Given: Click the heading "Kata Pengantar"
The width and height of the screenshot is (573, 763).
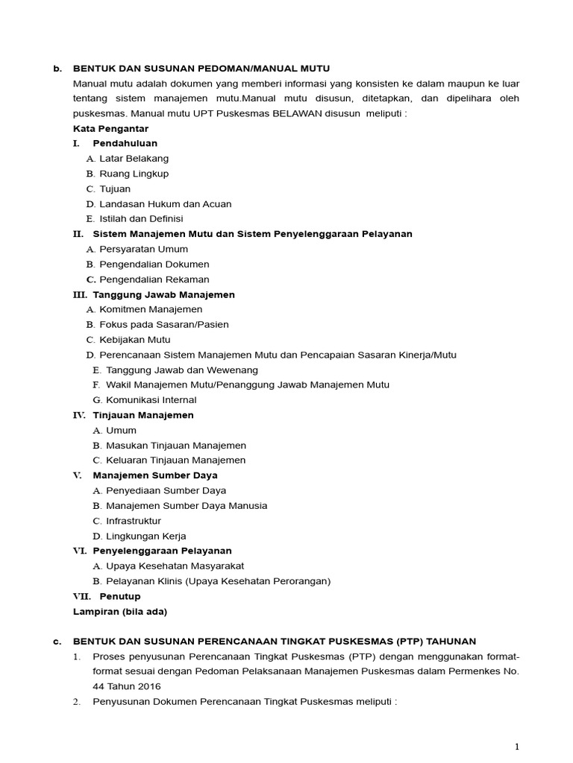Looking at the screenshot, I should [110, 128].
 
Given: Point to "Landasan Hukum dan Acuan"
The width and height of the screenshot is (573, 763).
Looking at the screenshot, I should [165, 203].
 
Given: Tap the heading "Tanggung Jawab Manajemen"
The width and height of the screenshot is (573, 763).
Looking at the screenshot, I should [163, 294].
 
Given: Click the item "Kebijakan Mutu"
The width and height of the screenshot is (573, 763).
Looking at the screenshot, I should [134, 340].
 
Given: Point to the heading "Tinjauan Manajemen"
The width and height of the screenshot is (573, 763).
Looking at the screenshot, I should [143, 415].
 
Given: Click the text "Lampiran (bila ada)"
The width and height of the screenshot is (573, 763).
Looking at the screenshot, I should [120, 612].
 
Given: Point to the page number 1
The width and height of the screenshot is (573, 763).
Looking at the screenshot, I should [517, 747].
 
